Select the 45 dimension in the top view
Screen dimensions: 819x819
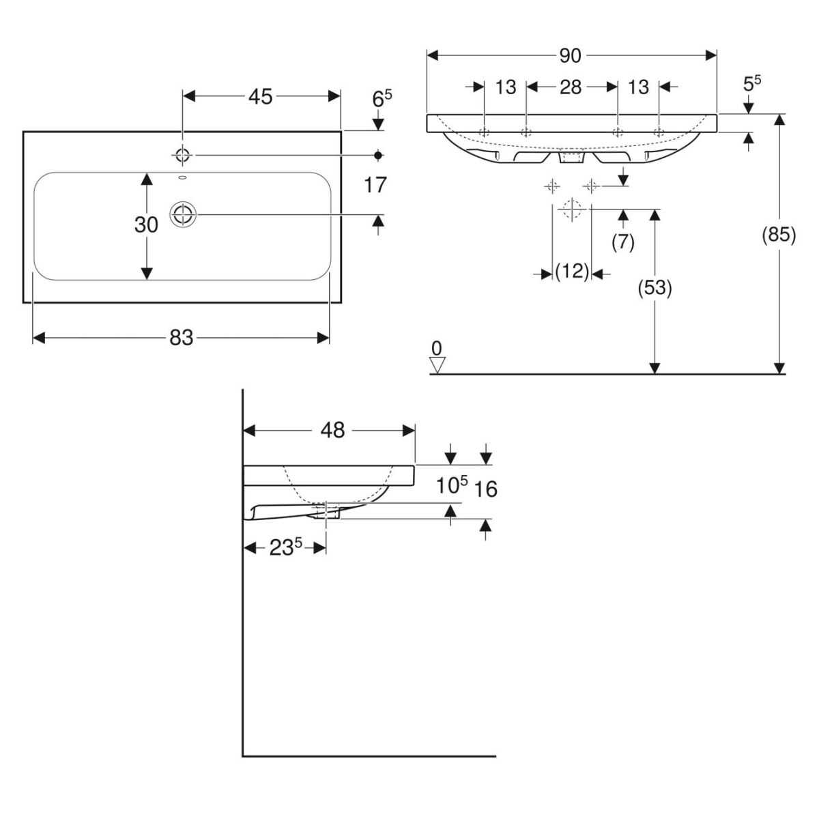pos(260,97)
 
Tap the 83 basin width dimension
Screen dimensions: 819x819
pos(181,337)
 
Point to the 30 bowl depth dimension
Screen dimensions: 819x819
pos(146,225)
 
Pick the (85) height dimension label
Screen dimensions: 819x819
pos(779,235)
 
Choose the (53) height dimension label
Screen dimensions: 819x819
pos(655,289)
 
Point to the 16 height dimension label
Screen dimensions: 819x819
pos(485,489)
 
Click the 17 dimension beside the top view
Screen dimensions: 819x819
pos(376,185)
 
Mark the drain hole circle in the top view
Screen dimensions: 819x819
pos(182,215)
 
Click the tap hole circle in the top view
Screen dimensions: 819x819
pos(182,155)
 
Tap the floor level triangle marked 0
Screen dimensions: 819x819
pos(437,364)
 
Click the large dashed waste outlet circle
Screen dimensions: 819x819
pos(571,209)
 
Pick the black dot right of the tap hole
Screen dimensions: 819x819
pos(378,155)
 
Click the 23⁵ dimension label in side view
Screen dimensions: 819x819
pos(285,548)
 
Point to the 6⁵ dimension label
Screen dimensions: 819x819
pos(382,98)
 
